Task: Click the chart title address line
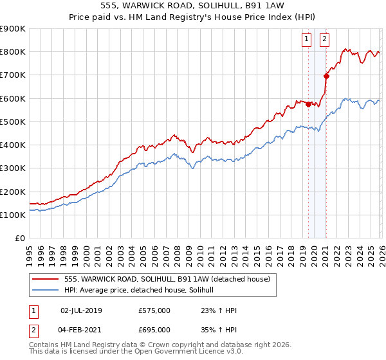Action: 193,5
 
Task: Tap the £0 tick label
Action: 20,239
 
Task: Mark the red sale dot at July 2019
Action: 308,104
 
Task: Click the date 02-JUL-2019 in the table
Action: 81,310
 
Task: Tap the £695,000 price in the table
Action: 154,329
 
